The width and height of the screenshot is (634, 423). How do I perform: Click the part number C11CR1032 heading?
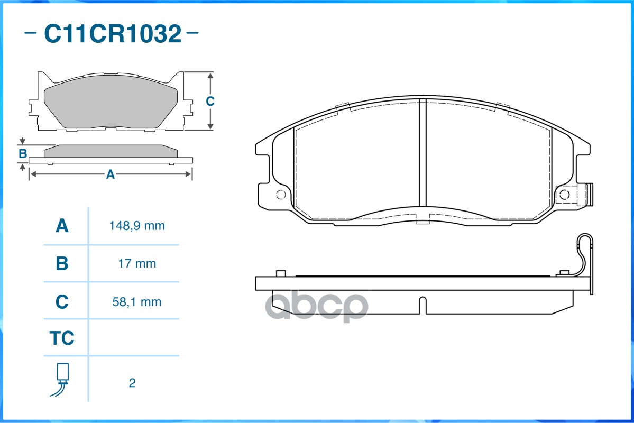click(113, 33)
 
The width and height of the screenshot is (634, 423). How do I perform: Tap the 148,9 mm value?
click(137, 226)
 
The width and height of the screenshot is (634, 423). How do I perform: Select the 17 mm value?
click(137, 264)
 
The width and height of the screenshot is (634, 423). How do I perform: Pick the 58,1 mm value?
click(137, 302)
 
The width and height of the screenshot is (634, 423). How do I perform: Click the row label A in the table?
click(62, 226)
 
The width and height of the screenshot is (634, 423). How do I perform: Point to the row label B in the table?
click(62, 264)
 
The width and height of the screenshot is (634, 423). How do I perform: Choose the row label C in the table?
click(62, 302)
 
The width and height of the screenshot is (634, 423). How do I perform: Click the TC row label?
click(62, 338)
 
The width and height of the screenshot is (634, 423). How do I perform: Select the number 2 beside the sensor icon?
click(132, 383)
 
